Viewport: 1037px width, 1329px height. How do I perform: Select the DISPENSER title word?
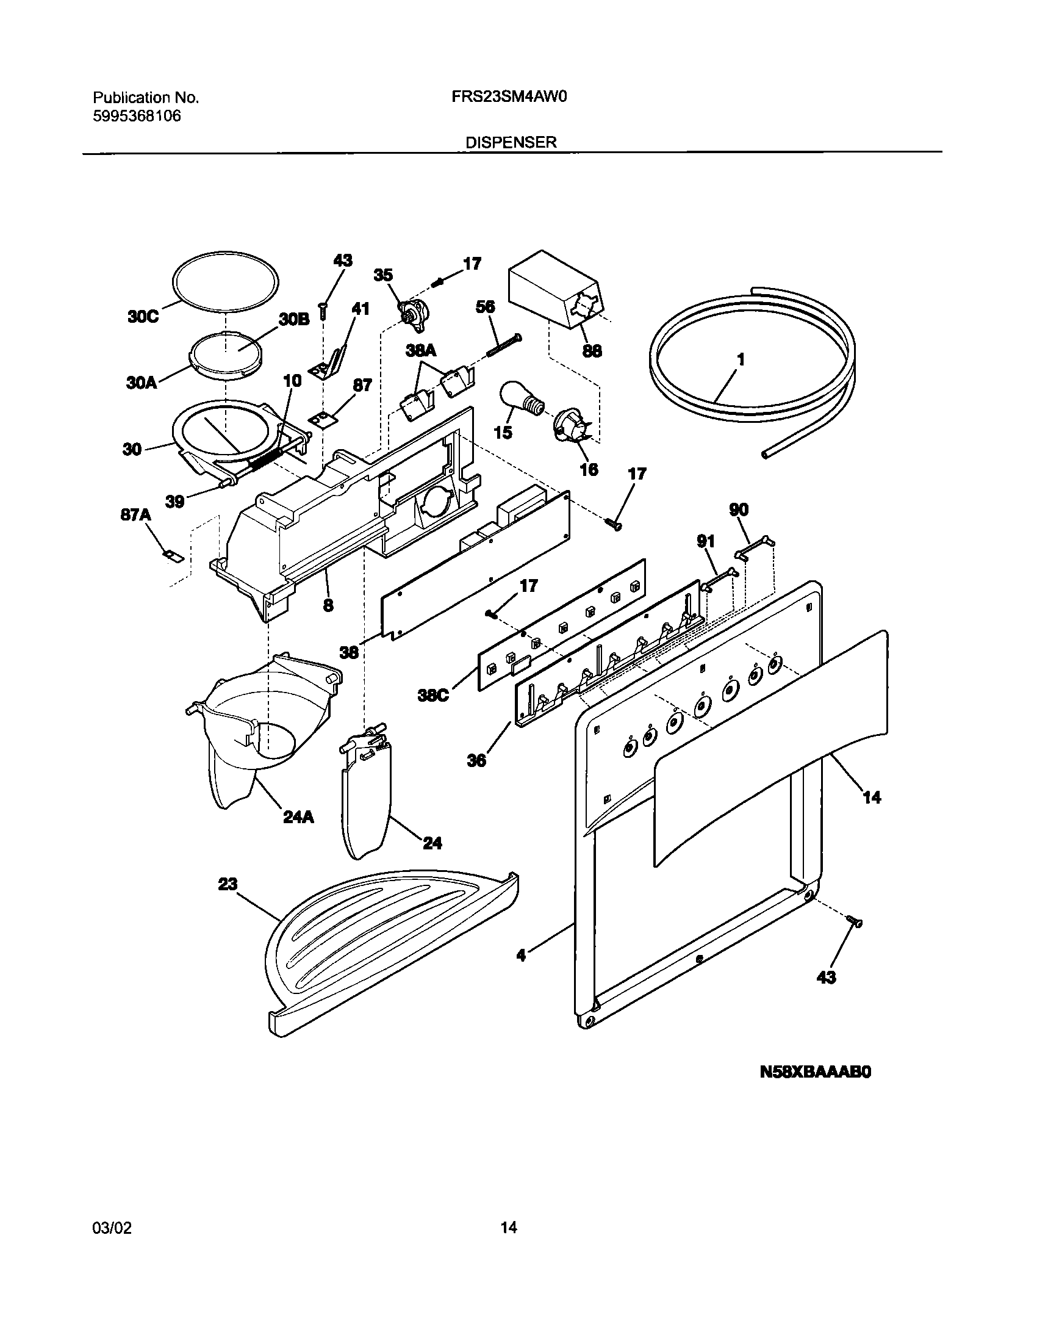(x=511, y=143)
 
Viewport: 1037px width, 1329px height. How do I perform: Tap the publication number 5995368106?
(x=137, y=116)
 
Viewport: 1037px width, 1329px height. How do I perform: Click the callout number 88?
(x=592, y=351)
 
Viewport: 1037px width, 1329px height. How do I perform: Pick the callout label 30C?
(x=143, y=317)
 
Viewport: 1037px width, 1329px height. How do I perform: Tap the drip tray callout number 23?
(x=228, y=884)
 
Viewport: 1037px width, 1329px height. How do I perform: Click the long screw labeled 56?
(x=504, y=347)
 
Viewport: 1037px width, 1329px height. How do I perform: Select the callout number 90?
(x=739, y=510)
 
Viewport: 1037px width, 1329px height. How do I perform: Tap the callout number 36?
(x=476, y=761)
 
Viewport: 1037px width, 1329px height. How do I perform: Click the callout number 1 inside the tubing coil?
(x=741, y=360)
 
